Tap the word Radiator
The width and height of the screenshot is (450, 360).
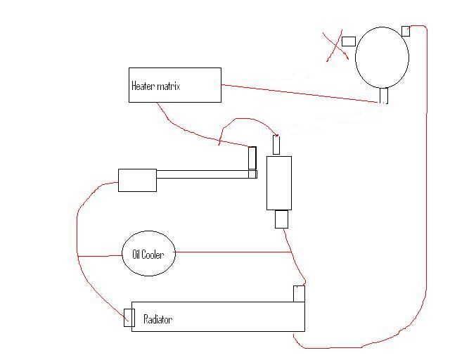[157, 319]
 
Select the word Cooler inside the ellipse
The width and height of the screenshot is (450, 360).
[153, 255]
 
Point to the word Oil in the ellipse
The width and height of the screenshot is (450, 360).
[136, 255]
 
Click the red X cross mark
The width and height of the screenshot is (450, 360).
[336, 46]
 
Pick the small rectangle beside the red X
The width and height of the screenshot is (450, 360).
[349, 41]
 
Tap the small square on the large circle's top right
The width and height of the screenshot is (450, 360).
[406, 32]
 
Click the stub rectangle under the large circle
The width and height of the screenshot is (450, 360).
[384, 96]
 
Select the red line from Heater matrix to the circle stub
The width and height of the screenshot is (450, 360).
[300, 94]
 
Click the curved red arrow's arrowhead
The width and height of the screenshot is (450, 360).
[277, 135]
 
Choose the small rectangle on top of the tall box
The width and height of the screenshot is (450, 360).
[276, 145]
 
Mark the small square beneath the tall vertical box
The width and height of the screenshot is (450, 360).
[281, 219]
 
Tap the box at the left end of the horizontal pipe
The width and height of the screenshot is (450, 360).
[138, 180]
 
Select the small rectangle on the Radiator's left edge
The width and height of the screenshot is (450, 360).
[129, 318]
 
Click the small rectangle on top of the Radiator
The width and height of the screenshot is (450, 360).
[299, 294]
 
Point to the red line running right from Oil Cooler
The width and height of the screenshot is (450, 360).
[233, 252]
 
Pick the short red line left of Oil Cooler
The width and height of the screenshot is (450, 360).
[100, 255]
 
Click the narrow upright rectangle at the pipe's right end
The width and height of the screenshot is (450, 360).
[252, 158]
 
